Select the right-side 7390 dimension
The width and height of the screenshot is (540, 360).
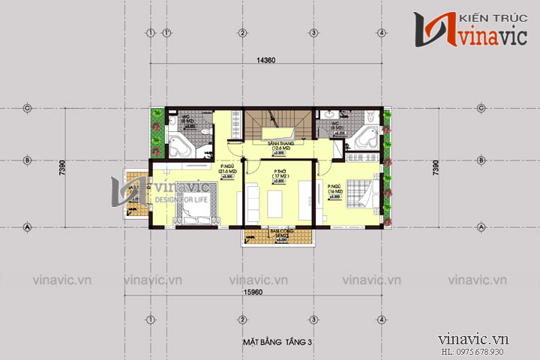[x=436, y=167]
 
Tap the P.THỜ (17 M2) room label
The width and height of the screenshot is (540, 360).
[x=278, y=175]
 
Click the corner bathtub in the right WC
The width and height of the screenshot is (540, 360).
[x=366, y=139]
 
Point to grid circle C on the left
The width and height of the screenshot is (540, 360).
[x=27, y=108]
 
